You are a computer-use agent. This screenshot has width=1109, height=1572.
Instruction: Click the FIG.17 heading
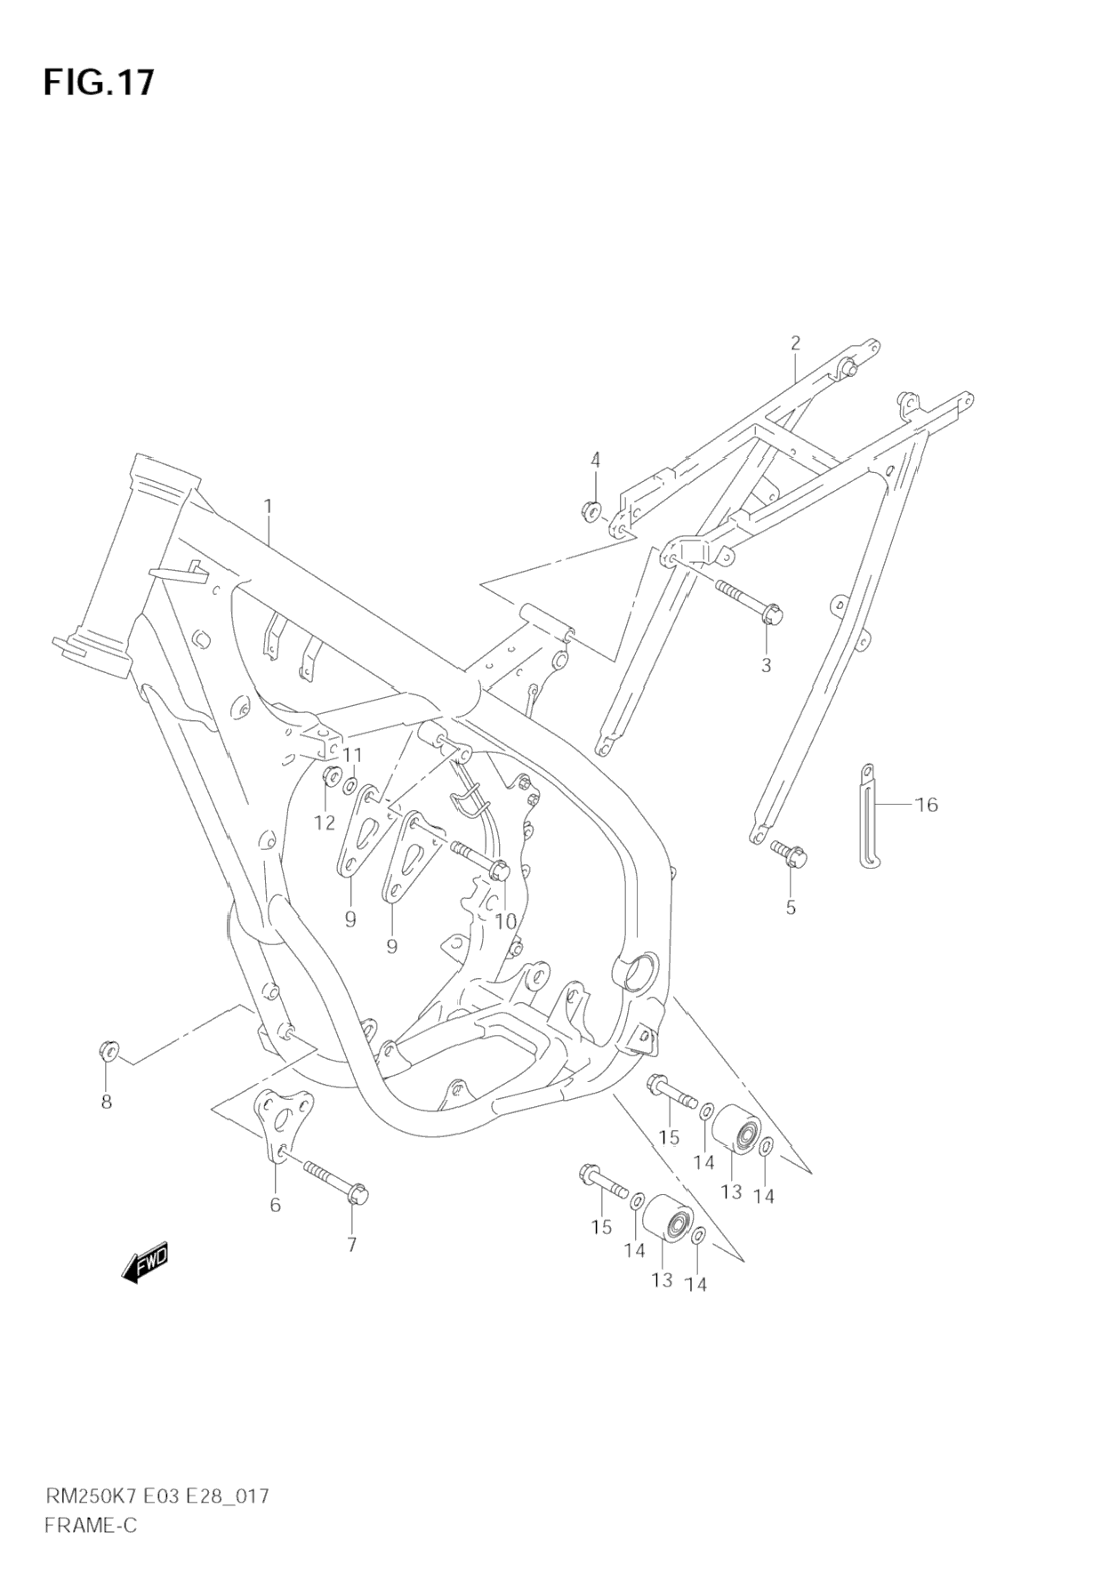point(98,82)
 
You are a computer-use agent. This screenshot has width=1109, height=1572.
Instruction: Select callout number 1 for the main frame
point(267,507)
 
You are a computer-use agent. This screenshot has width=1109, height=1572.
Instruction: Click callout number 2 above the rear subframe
point(795,342)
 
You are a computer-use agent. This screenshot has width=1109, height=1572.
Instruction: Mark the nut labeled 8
point(108,1050)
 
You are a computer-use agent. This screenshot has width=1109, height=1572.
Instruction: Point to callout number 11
point(353,755)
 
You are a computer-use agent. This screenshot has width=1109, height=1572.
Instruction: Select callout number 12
point(325,822)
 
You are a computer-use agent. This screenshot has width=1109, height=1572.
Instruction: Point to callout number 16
point(926,805)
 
